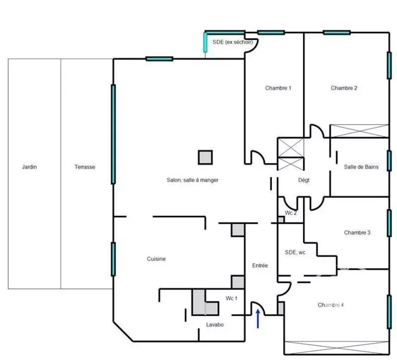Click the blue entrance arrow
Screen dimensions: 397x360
coord(258,319)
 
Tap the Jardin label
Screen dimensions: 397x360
coord(29,167)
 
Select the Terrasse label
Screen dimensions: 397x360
coord(85,167)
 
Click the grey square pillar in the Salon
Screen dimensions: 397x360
coord(205,157)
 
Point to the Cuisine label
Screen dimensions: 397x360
coord(156,259)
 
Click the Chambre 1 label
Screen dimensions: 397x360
coord(278,88)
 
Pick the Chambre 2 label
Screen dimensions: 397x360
coord(344,88)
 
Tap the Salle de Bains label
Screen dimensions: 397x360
coord(361,167)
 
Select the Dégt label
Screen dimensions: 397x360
coord(304,180)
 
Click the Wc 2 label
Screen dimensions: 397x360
coord(290,213)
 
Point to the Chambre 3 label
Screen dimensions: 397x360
coord(357,233)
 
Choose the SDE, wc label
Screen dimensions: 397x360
coord(295,253)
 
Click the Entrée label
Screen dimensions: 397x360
coord(260,265)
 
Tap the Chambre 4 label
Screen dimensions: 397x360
coord(331,305)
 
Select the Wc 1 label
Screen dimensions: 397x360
coord(232,298)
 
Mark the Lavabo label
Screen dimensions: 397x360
coord(214,325)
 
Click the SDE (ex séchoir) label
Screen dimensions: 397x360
coord(233,42)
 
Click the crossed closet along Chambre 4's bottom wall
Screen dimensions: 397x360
coord(336,347)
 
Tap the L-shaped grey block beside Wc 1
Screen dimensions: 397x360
coord(205,302)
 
